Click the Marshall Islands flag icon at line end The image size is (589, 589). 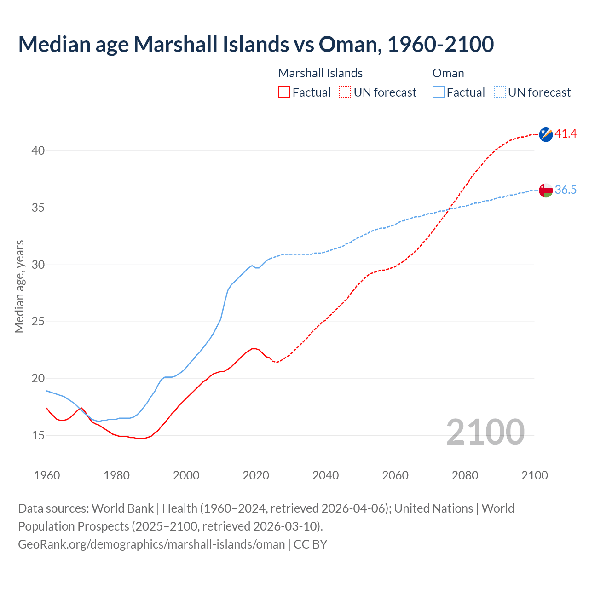pyautogui.click(x=546, y=134)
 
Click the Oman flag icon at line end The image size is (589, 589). pyautogui.click(x=546, y=190)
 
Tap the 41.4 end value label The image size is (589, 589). pyautogui.click(x=566, y=134)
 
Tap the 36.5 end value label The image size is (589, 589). pyautogui.click(x=566, y=190)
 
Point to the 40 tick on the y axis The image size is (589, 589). pyautogui.click(x=38, y=151)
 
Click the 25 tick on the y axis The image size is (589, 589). pyautogui.click(x=38, y=322)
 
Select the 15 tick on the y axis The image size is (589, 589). pyautogui.click(x=38, y=435)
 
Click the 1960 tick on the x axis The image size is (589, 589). pyautogui.click(x=47, y=475)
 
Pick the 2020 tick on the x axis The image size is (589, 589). pyautogui.click(x=256, y=475)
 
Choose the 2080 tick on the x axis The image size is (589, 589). pyautogui.click(x=465, y=475)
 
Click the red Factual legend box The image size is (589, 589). pyautogui.click(x=284, y=92)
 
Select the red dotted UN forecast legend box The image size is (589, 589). pyautogui.click(x=345, y=92)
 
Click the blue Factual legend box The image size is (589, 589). pyautogui.click(x=439, y=92)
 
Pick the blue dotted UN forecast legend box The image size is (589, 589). pyautogui.click(x=499, y=92)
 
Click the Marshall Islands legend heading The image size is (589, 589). pyautogui.click(x=320, y=73)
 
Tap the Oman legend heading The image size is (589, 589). pyautogui.click(x=448, y=73)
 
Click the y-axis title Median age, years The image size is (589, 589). pyautogui.click(x=19, y=286)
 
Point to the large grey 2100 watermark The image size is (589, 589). pyautogui.click(x=485, y=432)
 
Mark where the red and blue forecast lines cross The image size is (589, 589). pyautogui.click(x=449, y=209)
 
